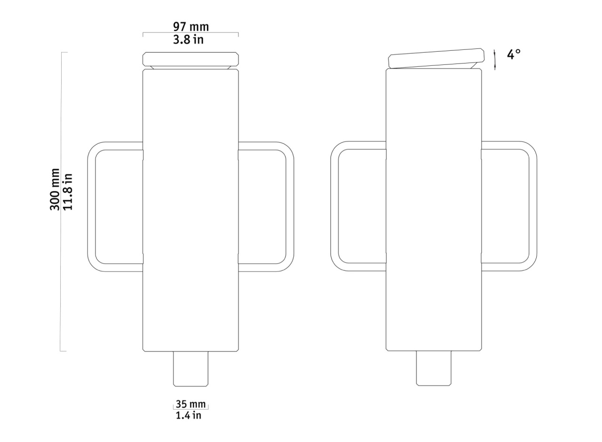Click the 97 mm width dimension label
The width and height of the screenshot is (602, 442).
(x=191, y=27)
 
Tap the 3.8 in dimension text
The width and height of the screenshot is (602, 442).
(x=188, y=40)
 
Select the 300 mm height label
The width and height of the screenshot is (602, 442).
(x=55, y=189)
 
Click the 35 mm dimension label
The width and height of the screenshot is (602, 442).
(x=190, y=404)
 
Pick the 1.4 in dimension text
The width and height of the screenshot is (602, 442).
(x=189, y=415)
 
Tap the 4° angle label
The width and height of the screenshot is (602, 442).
(x=514, y=54)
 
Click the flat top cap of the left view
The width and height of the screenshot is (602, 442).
(x=190, y=59)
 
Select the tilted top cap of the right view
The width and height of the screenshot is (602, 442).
(x=436, y=58)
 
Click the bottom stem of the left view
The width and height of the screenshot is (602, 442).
(x=190, y=369)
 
